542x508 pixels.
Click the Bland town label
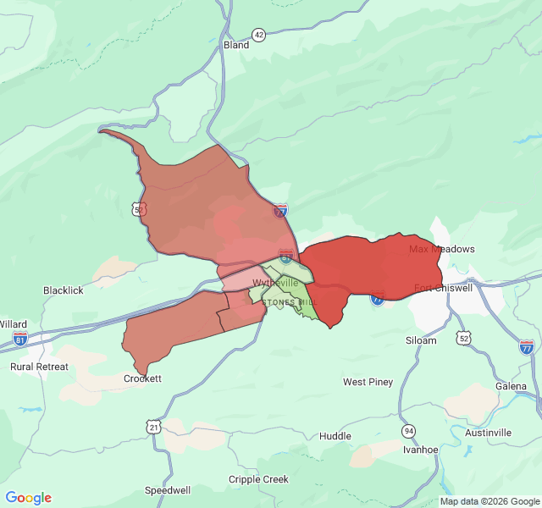click(x=236, y=45)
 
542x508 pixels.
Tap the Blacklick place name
click(x=64, y=290)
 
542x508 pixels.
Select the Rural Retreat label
click(x=39, y=367)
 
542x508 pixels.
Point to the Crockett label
click(x=142, y=378)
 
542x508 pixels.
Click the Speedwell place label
click(x=168, y=490)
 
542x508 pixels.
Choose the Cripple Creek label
click(x=258, y=479)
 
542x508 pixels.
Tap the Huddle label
click(x=335, y=436)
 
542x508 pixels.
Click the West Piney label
click(x=368, y=382)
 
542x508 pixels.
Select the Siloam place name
click(x=421, y=340)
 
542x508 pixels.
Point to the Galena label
click(x=512, y=386)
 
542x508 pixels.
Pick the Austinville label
click(x=488, y=433)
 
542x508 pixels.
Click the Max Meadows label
click(x=442, y=249)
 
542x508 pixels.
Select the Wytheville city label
click(x=275, y=282)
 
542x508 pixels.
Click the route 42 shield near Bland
click(x=258, y=35)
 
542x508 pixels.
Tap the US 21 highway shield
click(x=153, y=427)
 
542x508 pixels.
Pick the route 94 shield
click(x=409, y=431)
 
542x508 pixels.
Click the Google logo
click(x=29, y=498)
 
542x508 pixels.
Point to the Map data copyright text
click(x=489, y=501)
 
